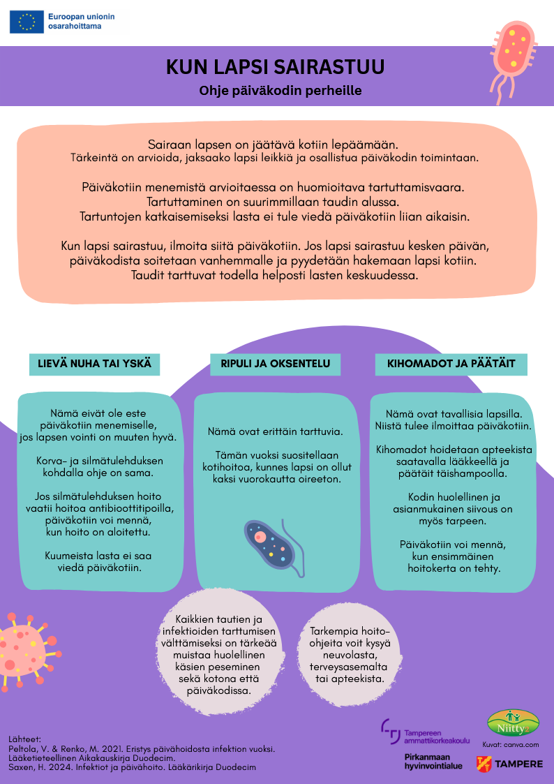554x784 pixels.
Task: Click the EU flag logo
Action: pyautogui.click(x=27, y=22)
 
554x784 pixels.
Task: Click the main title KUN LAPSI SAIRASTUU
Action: pyautogui.click(x=275, y=67)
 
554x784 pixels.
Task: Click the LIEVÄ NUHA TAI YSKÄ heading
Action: pyautogui.click(x=94, y=364)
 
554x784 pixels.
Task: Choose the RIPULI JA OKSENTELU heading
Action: pyautogui.click(x=276, y=364)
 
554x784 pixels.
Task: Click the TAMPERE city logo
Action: pyautogui.click(x=509, y=764)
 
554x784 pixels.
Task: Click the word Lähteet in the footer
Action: pyautogui.click(x=26, y=739)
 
